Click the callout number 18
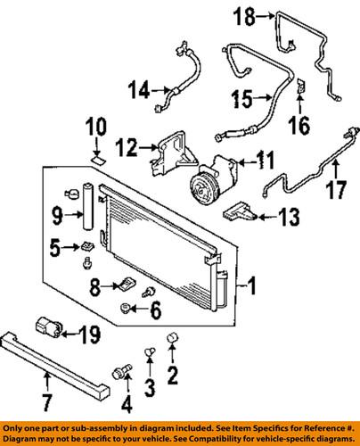244,17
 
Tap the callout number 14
139,90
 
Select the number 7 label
45,402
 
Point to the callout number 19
90,334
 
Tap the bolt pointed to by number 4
122,372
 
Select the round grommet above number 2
173,337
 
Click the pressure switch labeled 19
49,327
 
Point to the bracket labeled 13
241,212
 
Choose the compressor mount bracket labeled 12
173,155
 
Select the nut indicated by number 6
125,309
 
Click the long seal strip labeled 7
54,366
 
